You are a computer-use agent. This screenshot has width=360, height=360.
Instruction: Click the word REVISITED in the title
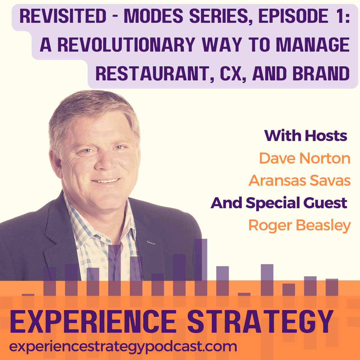[x=63, y=16]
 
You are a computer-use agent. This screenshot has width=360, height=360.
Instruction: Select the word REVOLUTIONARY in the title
[x=126, y=45]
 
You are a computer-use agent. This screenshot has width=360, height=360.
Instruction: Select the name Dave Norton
[x=304, y=158]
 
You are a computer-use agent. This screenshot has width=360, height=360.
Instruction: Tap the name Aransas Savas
[x=299, y=181]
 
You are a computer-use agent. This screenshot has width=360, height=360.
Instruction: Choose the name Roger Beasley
[x=299, y=225]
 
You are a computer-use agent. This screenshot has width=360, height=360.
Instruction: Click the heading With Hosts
[x=306, y=136]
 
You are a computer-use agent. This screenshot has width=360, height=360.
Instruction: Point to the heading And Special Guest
[x=279, y=203]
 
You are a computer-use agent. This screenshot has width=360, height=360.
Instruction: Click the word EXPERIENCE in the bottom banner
[x=93, y=322]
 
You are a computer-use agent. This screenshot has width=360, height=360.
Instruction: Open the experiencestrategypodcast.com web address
[x=123, y=346]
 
